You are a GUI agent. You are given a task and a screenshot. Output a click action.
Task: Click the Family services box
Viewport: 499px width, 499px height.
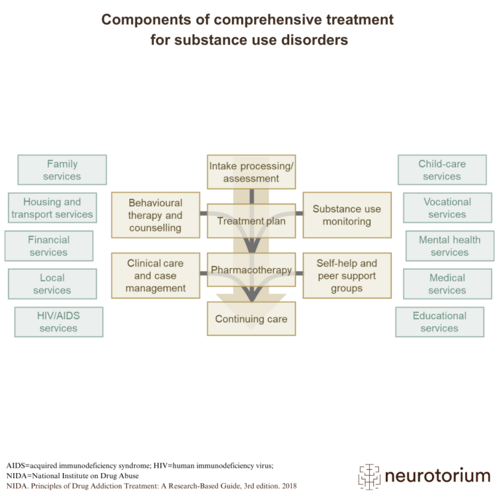[x=62, y=170]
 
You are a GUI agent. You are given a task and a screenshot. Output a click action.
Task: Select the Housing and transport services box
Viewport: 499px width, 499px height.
[x=52, y=208]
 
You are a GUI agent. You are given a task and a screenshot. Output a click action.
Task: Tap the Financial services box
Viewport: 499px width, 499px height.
[x=48, y=246]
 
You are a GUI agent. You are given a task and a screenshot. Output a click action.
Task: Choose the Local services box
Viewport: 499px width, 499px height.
[x=52, y=284]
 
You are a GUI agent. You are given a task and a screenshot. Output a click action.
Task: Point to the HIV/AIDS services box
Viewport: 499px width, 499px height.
[x=58, y=322]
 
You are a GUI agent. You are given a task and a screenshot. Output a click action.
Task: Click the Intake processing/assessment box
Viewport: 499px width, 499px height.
[x=251, y=172]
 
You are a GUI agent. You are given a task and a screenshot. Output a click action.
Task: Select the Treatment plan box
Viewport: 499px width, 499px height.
[x=251, y=221]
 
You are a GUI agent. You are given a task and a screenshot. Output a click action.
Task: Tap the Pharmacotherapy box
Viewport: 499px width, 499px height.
[x=251, y=270]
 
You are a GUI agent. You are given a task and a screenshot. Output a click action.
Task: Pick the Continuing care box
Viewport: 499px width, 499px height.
[x=251, y=318]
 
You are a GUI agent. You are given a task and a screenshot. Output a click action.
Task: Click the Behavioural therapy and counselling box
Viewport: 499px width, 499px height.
[x=155, y=215]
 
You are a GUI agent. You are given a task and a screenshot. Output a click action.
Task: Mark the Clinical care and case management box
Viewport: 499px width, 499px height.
[x=155, y=275]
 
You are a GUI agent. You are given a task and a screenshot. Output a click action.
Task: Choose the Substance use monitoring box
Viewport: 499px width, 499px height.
[x=347, y=215]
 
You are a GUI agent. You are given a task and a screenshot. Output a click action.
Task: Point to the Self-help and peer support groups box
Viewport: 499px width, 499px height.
[x=347, y=275]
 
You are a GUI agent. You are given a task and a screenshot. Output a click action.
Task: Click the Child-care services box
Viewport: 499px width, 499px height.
[x=442, y=170]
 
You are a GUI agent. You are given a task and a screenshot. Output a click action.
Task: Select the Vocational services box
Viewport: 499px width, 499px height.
[x=447, y=208]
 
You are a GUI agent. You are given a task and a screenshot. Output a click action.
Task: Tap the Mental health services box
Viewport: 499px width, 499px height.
[x=450, y=246]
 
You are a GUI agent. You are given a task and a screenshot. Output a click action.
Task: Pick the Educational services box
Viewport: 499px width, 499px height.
[x=439, y=322]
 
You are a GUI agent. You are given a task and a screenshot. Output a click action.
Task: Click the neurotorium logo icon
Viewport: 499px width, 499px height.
[x=368, y=476]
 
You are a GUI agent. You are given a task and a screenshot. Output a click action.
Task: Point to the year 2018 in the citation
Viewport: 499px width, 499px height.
[x=287, y=485]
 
